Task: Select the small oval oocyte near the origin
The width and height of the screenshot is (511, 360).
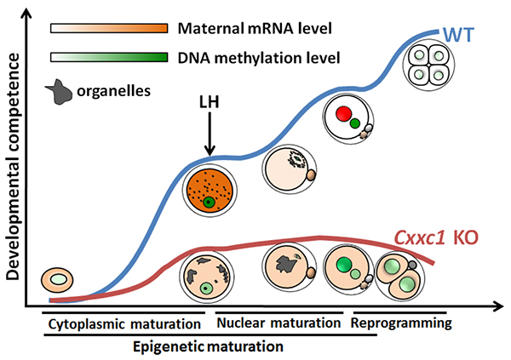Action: tap(58, 278)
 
